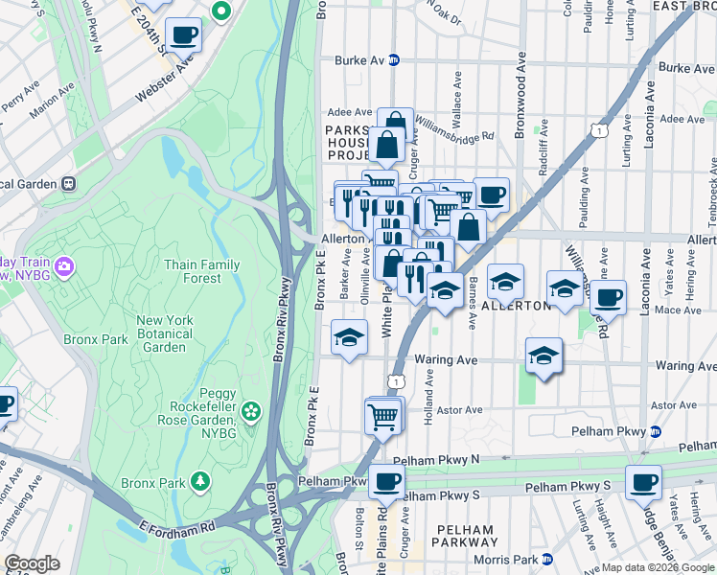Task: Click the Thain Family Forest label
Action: point(201,271)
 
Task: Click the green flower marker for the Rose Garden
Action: point(251,411)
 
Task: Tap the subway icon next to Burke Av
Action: point(393,60)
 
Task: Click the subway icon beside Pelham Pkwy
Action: point(655,431)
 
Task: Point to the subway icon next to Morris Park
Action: point(546,559)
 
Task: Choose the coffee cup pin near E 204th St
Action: point(184,34)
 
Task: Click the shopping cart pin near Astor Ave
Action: point(383,417)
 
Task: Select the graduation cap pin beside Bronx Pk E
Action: point(349,337)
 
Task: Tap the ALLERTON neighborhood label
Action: point(516,306)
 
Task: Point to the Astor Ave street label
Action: point(459,410)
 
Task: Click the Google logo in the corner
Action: point(32,563)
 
